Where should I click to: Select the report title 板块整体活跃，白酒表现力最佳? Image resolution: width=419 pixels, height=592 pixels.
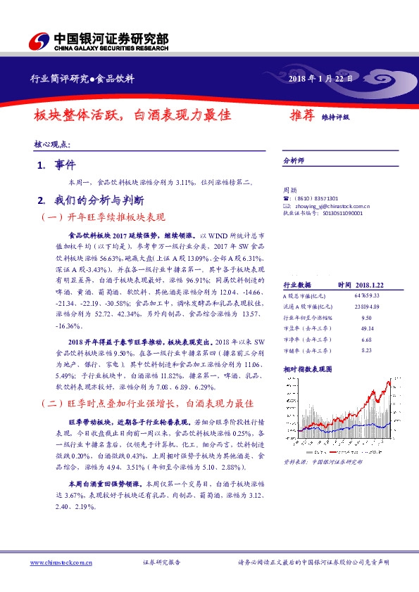[133, 114]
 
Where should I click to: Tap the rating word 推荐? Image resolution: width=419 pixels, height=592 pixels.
[302, 115]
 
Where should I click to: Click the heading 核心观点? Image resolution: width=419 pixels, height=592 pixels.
[51, 144]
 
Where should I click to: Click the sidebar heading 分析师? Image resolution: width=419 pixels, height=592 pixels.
[292, 160]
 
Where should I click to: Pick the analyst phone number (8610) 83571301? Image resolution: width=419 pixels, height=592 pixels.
[315, 198]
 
